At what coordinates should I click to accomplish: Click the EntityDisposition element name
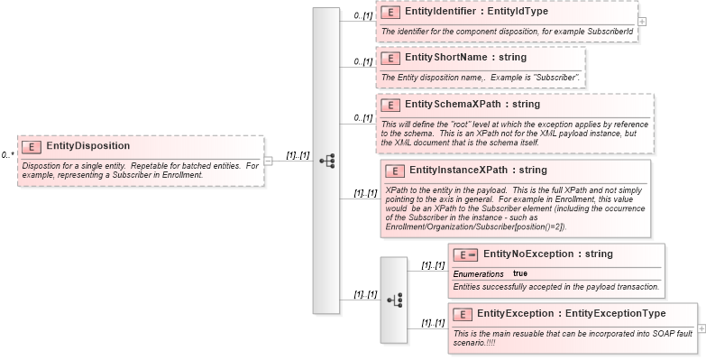coord(87,145)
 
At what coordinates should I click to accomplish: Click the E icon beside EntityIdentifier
coord(390,13)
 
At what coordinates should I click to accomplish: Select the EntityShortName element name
coord(446,57)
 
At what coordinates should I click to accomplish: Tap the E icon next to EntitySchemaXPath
coord(390,104)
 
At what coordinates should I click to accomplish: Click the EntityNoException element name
coord(529,254)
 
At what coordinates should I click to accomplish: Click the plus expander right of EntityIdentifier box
coord(642,21)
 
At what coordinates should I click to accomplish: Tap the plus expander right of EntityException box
coord(701,329)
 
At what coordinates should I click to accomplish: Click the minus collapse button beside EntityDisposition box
coord(268,161)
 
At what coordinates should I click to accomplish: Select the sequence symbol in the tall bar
coord(326,161)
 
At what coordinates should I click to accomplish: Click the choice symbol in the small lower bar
coord(394,299)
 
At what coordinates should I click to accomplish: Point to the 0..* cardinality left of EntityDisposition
coord(8,155)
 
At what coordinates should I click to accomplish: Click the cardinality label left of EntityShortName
coord(362,61)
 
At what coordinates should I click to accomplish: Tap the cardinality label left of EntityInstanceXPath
coord(364,192)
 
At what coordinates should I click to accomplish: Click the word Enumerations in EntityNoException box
coord(478,273)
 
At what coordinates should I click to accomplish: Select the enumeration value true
coord(520,273)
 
